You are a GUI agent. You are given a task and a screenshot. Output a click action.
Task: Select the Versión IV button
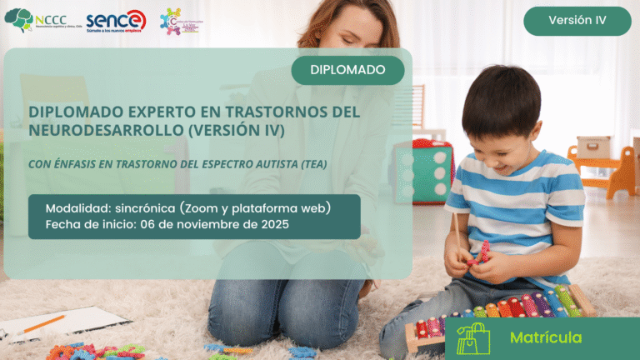(577, 21)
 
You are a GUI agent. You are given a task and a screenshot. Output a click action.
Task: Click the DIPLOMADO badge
(347, 70)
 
